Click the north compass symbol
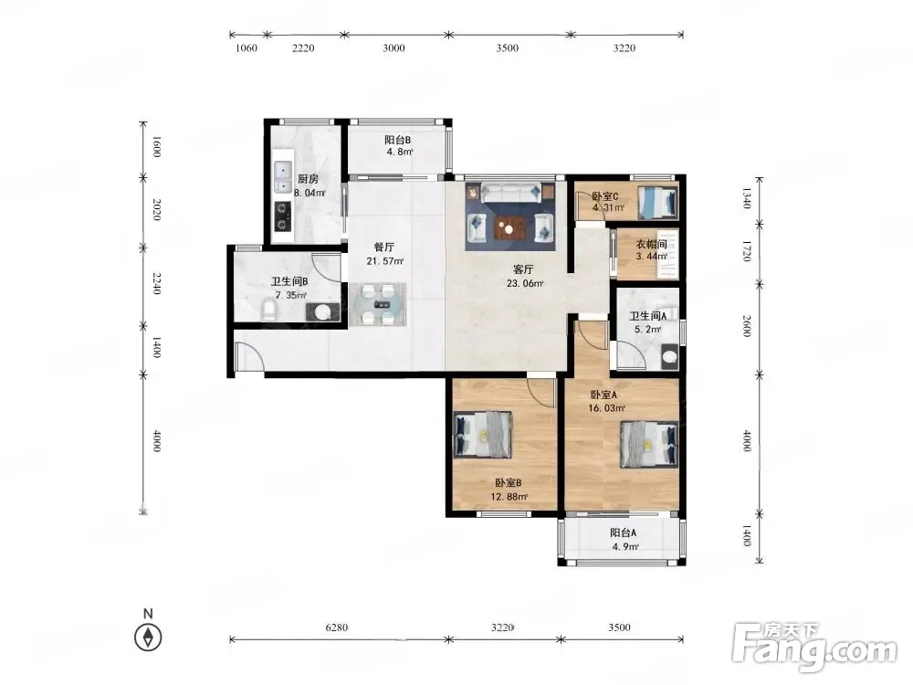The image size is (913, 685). [148, 637]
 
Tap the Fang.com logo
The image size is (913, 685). [814, 646]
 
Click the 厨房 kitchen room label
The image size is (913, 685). [308, 179]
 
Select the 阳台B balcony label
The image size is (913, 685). [398, 140]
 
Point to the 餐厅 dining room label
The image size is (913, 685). [384, 247]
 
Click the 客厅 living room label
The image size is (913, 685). [523, 269]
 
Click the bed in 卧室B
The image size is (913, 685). [483, 434]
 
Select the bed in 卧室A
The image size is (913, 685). [649, 445]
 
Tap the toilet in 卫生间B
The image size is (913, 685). [268, 310]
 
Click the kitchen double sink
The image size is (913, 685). [283, 177]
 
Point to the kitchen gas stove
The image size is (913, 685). [283, 216]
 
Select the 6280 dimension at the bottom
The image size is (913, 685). [337, 627]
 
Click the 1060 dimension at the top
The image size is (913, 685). [247, 47]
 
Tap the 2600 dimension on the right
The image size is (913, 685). [747, 326]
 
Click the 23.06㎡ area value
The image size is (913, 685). [525, 284]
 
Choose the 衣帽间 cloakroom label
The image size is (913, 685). [651, 244]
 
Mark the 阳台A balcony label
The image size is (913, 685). [623, 532]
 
